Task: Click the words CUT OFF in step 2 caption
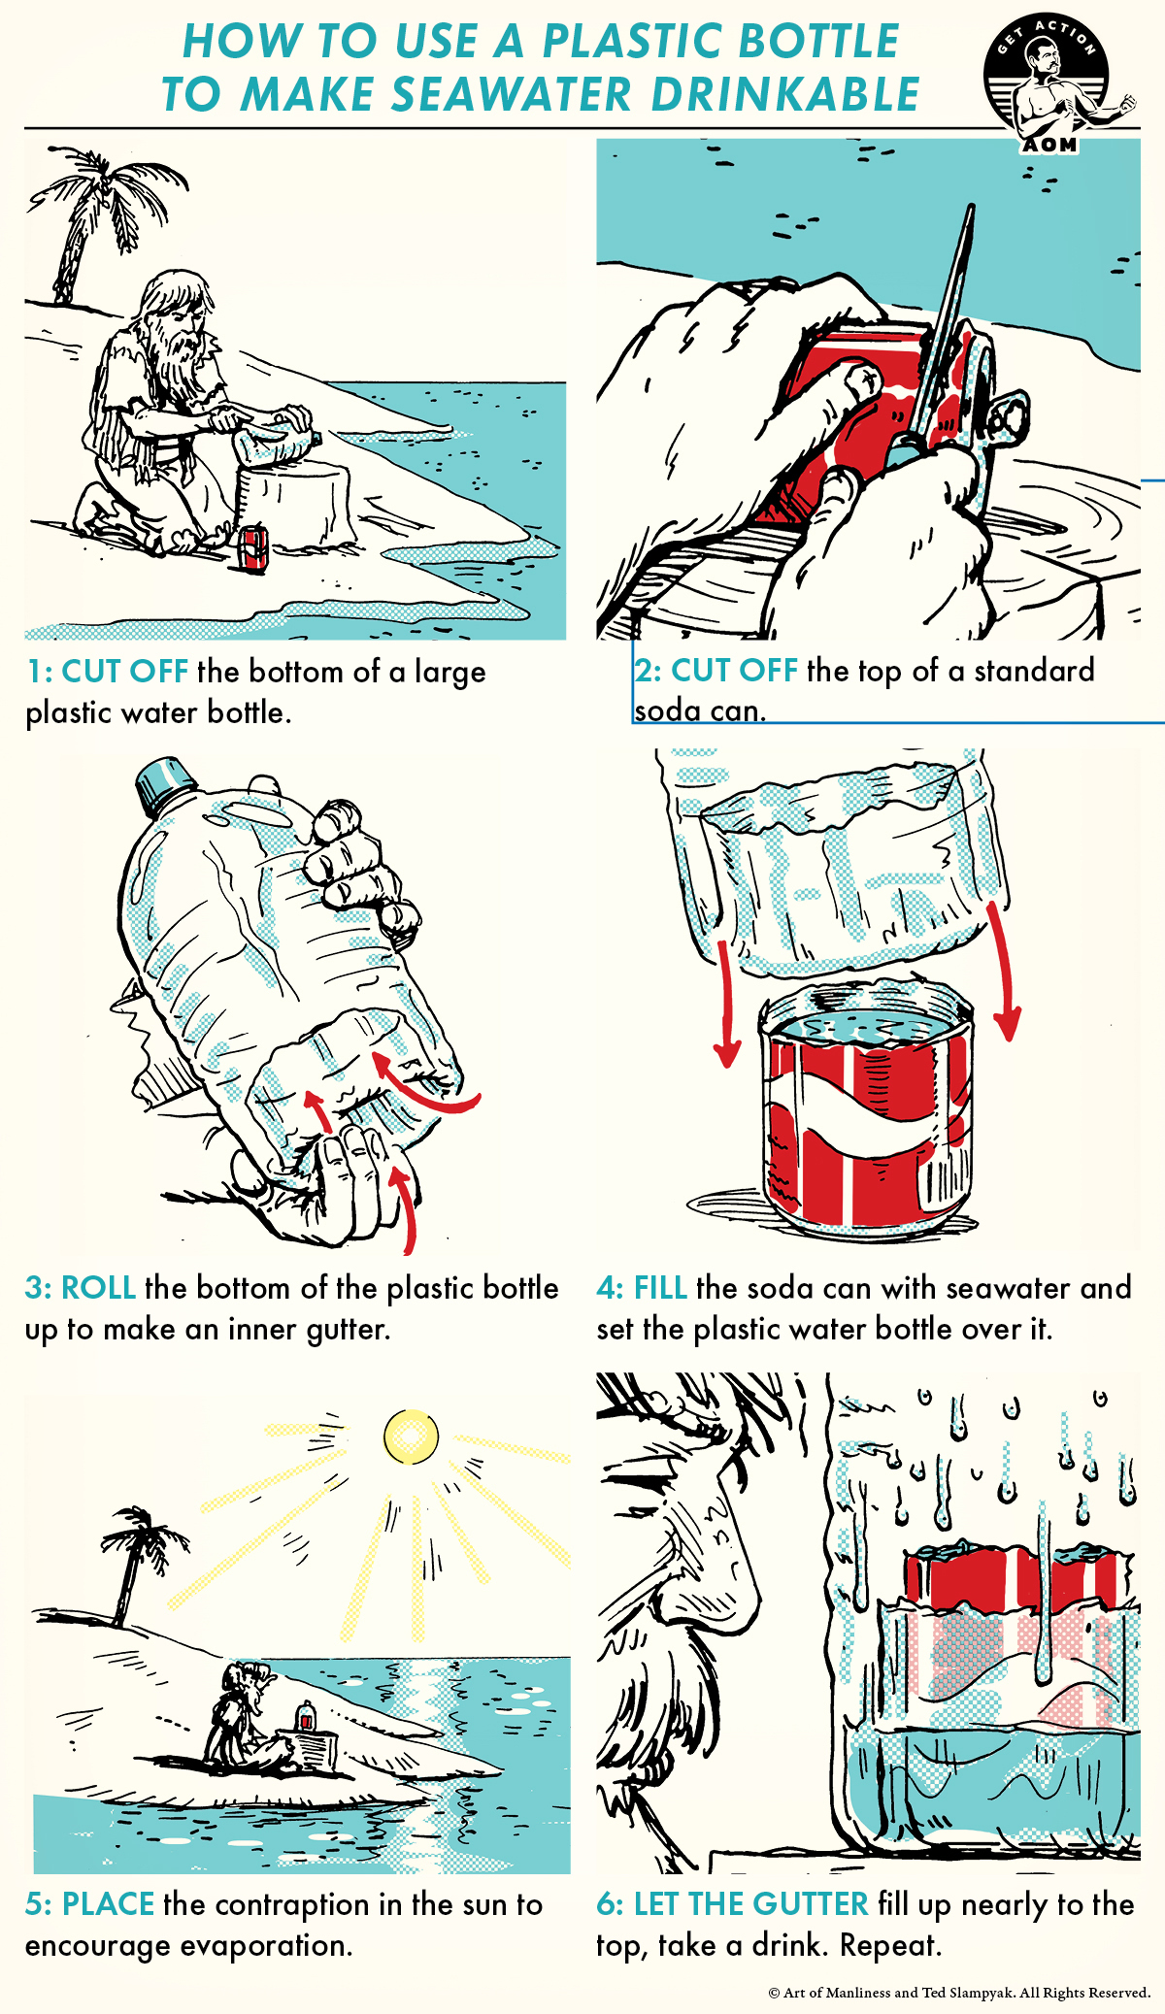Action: click(734, 671)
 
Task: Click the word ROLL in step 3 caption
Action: click(98, 1288)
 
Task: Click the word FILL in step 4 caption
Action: click(660, 1288)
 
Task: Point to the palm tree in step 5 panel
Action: click(136, 1553)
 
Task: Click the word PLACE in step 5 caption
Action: click(108, 1904)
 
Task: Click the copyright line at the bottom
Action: click(958, 1993)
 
